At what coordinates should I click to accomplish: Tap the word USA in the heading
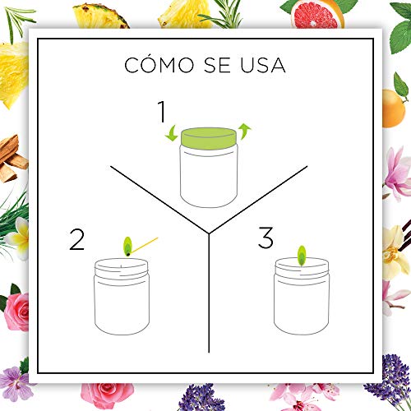(263, 65)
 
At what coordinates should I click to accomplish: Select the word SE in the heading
(217, 65)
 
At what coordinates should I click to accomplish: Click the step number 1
(163, 111)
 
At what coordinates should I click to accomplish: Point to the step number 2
(76, 239)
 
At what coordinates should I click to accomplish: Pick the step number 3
(266, 238)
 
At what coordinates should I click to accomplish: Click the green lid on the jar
(209, 138)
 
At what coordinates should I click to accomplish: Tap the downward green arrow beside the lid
(171, 133)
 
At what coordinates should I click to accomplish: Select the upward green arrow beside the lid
(244, 132)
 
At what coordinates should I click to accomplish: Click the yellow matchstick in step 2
(145, 245)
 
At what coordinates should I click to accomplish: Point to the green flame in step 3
(302, 256)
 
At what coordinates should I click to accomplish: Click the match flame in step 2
(127, 246)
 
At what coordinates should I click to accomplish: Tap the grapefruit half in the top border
(316, 14)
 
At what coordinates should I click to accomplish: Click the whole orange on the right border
(393, 109)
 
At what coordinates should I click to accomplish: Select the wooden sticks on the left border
(12, 159)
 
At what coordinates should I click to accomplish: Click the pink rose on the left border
(17, 312)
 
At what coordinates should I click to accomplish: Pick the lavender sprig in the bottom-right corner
(389, 381)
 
